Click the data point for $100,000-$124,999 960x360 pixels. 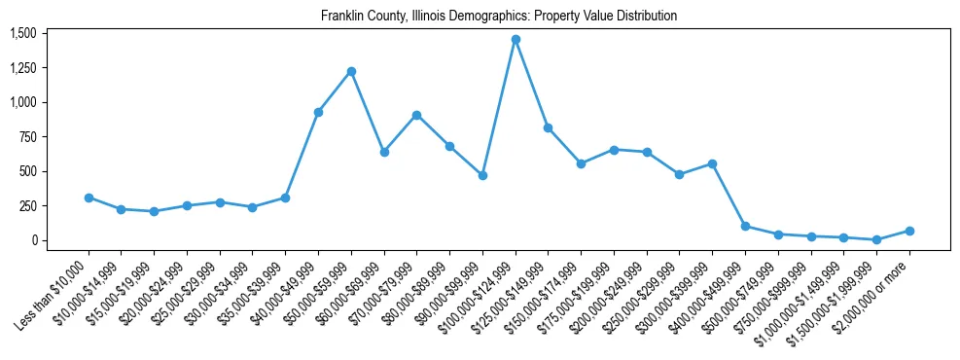pos(516,39)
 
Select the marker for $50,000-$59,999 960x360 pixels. pos(351,71)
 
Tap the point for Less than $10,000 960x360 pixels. pos(89,198)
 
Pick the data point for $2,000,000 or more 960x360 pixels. pos(909,231)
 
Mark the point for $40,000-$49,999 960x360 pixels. pos(318,112)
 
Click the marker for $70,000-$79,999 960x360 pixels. pos(416,115)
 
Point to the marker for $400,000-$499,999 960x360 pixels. pos(745,226)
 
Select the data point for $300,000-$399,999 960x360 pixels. pos(712,163)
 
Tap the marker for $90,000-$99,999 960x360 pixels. pos(482,175)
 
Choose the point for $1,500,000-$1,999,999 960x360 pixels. pos(876,239)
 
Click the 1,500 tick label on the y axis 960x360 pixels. pos(22,33)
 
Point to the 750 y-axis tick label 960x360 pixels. pos(27,137)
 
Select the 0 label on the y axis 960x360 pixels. pos(33,240)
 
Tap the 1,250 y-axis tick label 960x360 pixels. pos(22,68)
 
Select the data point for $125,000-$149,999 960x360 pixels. pos(548,127)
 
